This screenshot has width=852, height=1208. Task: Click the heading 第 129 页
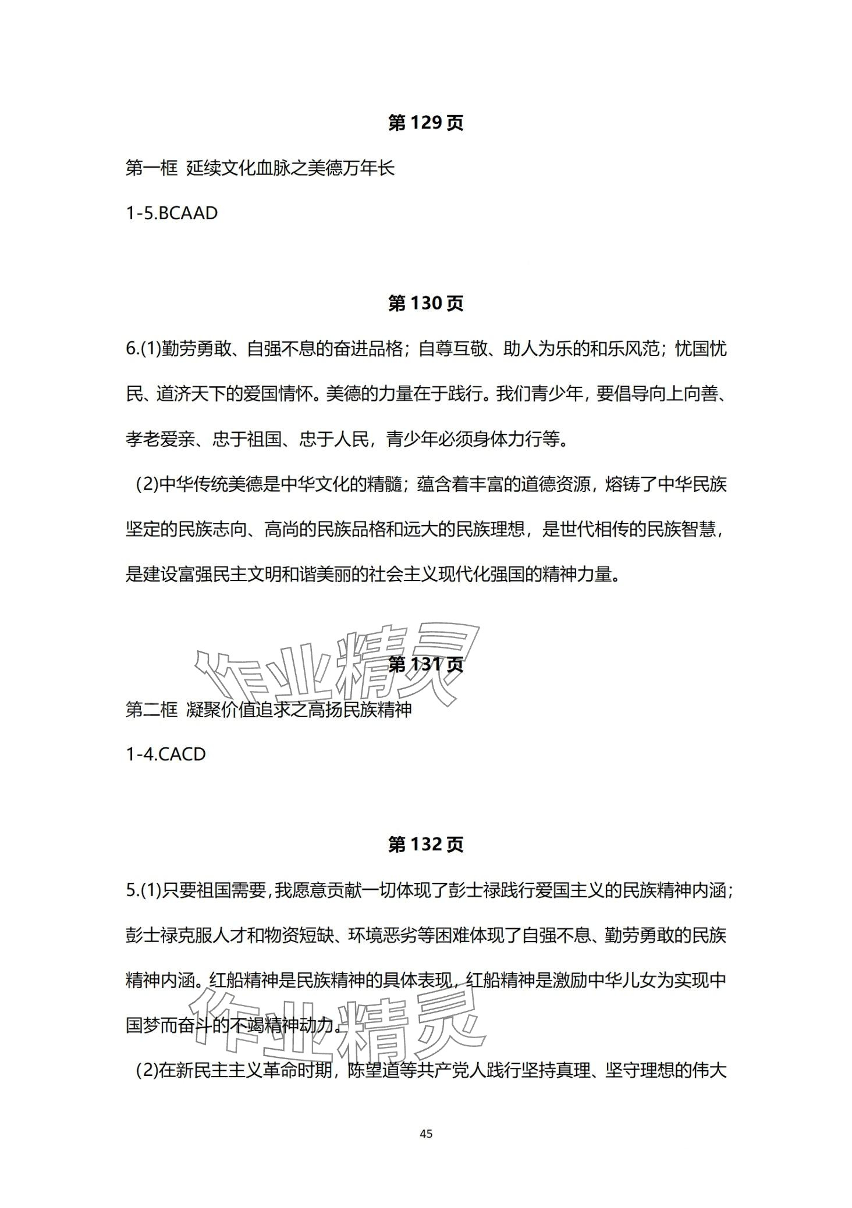pyautogui.click(x=425, y=123)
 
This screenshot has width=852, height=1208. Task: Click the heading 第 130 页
pyautogui.click(x=425, y=304)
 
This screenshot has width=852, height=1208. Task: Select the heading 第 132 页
pyautogui.click(x=425, y=844)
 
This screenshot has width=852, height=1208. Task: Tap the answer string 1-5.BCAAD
pyautogui.click(x=172, y=213)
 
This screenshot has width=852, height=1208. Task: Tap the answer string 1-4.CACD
pyautogui.click(x=166, y=754)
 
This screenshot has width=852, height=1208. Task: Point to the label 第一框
pyautogui.click(x=151, y=169)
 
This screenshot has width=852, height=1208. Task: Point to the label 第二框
pyautogui.click(x=151, y=710)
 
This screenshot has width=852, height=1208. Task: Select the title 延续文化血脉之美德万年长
pyautogui.click(x=290, y=169)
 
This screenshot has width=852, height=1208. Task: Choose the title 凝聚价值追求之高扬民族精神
pyautogui.click(x=299, y=710)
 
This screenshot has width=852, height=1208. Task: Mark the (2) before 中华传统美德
pyautogui.click(x=147, y=484)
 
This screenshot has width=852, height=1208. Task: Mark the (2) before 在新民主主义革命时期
pyautogui.click(x=147, y=1071)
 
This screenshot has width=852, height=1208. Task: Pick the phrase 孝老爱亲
pyautogui.click(x=159, y=439)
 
